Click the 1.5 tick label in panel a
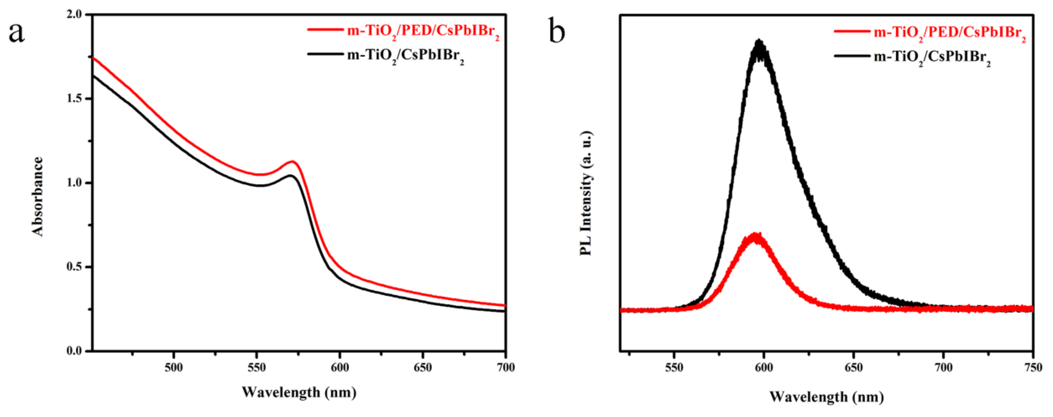pyautogui.click(x=76, y=99)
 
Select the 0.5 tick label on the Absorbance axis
pyautogui.click(x=76, y=267)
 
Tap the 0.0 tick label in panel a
pyautogui.click(x=76, y=351)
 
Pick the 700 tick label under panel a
pyautogui.click(x=506, y=367)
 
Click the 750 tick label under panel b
pyautogui.click(x=1033, y=367)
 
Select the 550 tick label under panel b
pyautogui.click(x=674, y=367)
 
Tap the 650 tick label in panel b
pyautogui.click(x=854, y=367)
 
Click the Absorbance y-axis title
pyautogui.click(x=38, y=196)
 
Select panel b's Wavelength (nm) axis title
pyautogui.click(x=826, y=397)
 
